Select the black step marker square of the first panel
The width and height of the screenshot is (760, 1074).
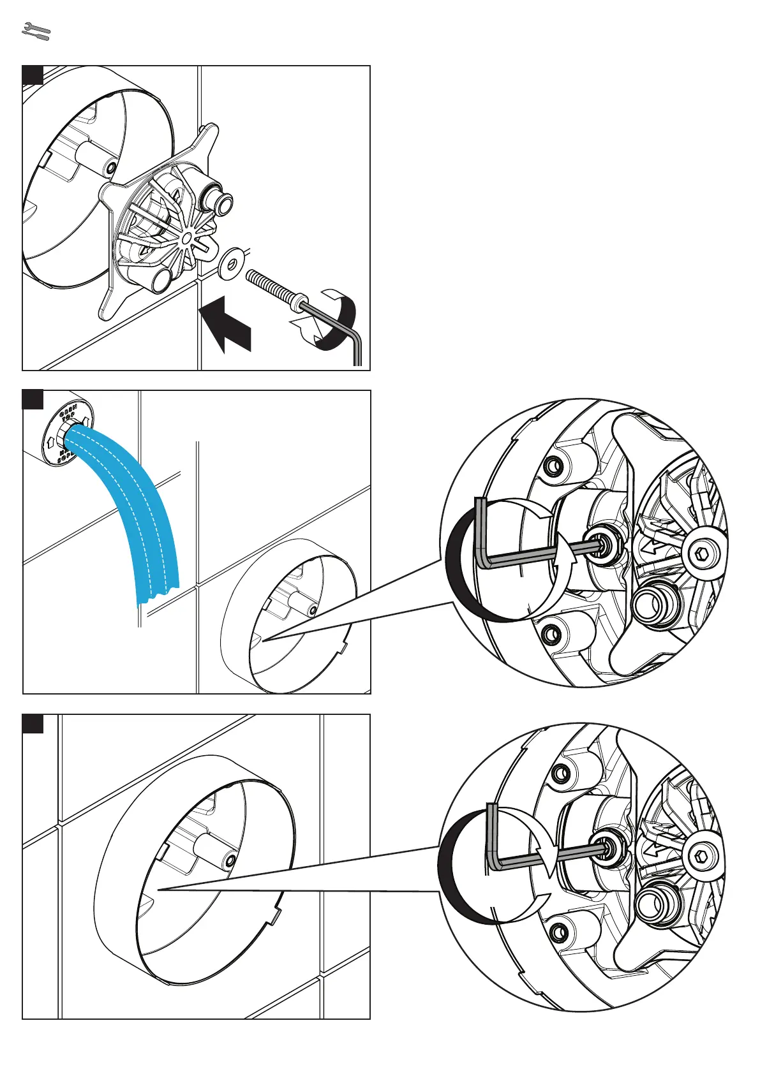click(33, 75)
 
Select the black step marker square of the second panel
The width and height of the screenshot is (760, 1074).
click(33, 400)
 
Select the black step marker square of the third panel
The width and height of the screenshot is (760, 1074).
click(33, 724)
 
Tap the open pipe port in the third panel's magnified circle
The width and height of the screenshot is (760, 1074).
click(654, 902)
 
